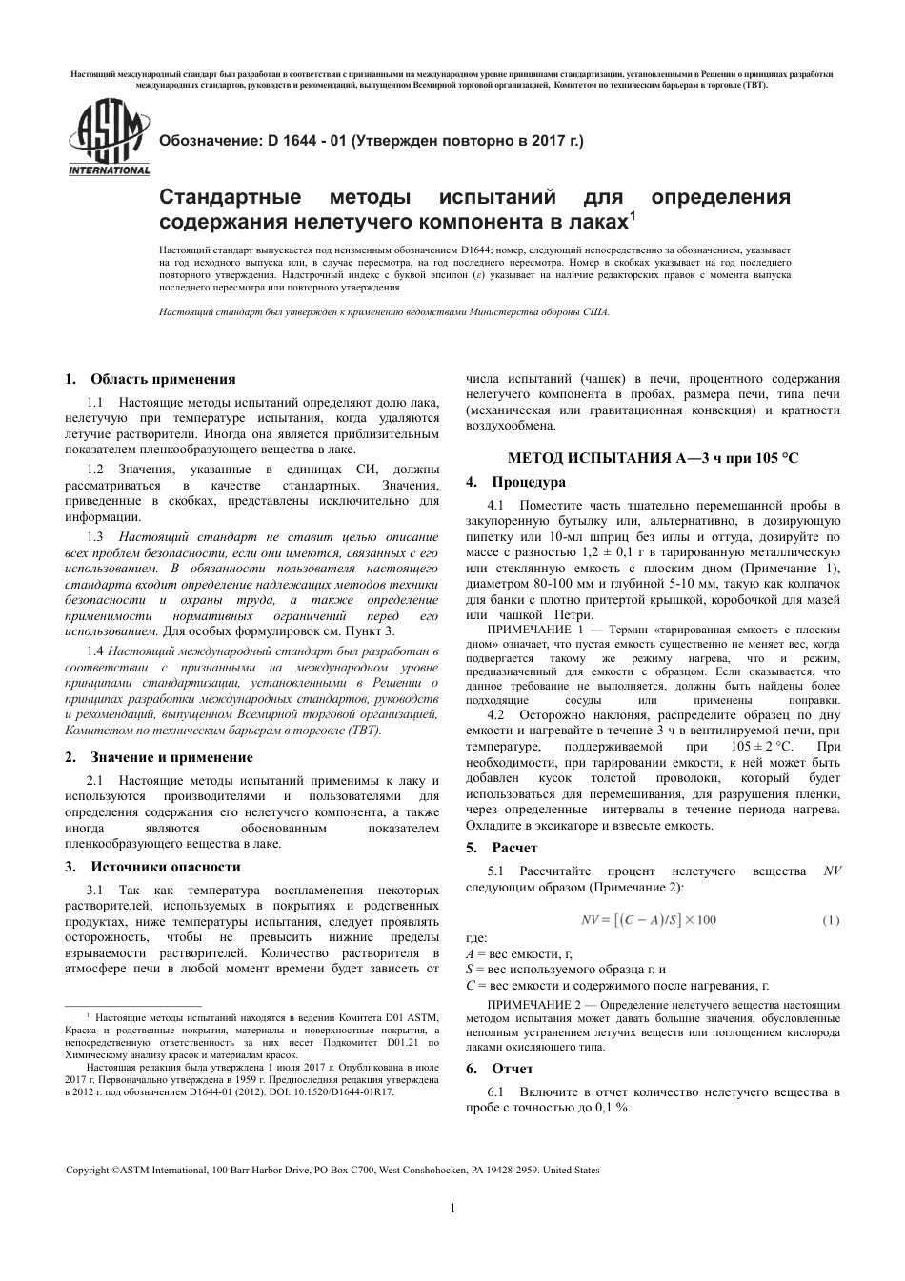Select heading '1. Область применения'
tap(150, 379)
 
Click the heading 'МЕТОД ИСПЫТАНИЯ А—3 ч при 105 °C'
tap(653, 458)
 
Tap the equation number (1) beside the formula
tap(831, 919)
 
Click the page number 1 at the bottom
tap(452, 1209)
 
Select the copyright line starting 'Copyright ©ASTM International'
tap(332, 1170)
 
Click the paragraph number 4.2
tap(495, 714)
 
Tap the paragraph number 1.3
tap(95, 538)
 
